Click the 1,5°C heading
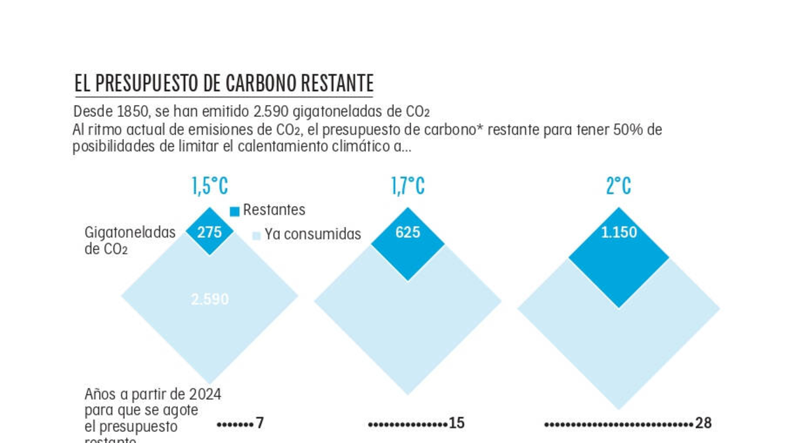pos(210,186)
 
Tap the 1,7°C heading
pos(408,186)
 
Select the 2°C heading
pos(618,186)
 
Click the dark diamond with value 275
pos(209,232)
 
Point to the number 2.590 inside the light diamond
pos(210,299)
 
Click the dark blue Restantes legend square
pos(234,211)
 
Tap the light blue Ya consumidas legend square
pos(256,236)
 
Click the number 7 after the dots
pos(260,423)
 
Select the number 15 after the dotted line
pos(456,423)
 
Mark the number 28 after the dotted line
pos(703,423)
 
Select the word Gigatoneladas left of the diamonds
pos(130,232)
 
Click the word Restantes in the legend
pos(274,210)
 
